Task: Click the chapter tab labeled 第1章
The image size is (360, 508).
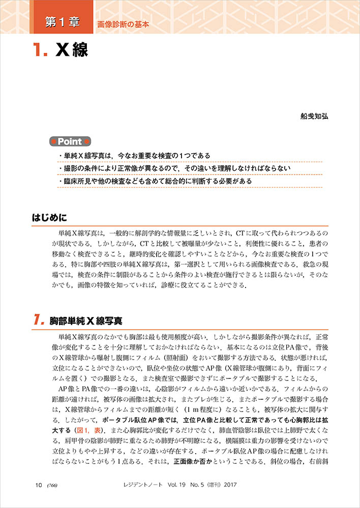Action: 62,22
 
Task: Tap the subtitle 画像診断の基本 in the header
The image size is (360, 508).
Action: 123,24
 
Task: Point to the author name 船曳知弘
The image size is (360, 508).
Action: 315,116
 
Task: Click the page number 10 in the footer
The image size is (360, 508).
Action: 39,484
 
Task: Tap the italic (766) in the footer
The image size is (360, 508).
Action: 52,484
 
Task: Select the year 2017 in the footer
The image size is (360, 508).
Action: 229,484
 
